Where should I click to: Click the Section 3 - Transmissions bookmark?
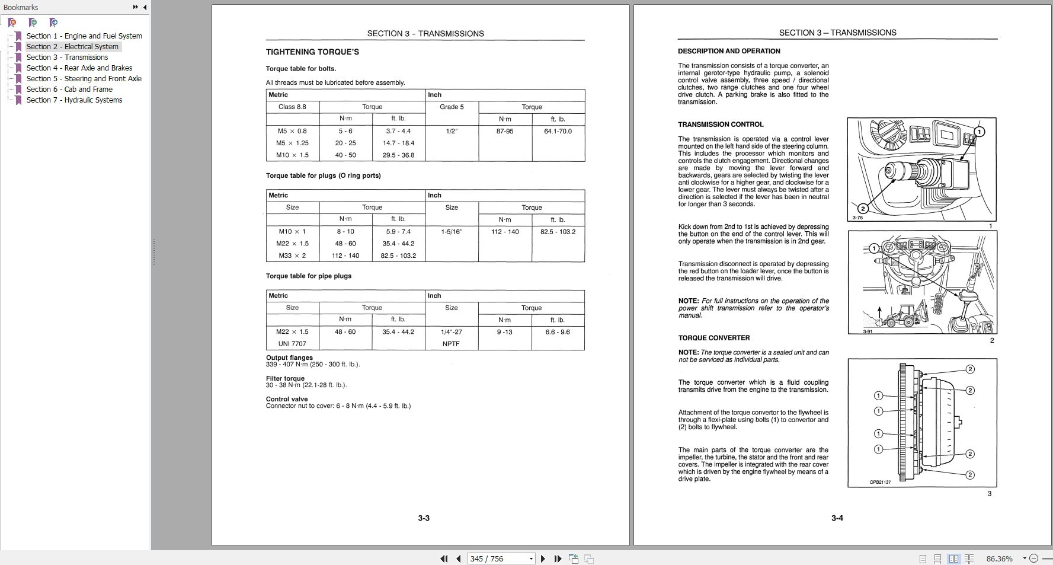pos(67,58)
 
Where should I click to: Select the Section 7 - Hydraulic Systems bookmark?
pos(74,100)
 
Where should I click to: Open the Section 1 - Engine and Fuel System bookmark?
pos(84,36)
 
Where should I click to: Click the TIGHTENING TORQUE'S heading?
pos(312,52)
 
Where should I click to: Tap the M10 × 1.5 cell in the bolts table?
pos(292,155)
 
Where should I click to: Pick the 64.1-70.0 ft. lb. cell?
pos(558,131)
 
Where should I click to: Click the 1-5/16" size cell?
pos(452,232)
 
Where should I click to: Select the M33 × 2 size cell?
pos(292,256)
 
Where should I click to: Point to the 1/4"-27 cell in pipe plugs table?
pos(452,332)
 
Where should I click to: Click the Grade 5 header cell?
pos(452,107)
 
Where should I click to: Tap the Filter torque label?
pos(285,378)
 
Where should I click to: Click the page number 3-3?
pos(424,518)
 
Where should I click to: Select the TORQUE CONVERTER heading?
pos(714,338)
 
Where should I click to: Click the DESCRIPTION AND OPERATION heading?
pos(729,51)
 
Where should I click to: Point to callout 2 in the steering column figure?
pos(863,208)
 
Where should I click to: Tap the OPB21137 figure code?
pos(880,482)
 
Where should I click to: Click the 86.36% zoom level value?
pos(999,558)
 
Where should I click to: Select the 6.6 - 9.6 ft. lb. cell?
pos(558,332)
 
